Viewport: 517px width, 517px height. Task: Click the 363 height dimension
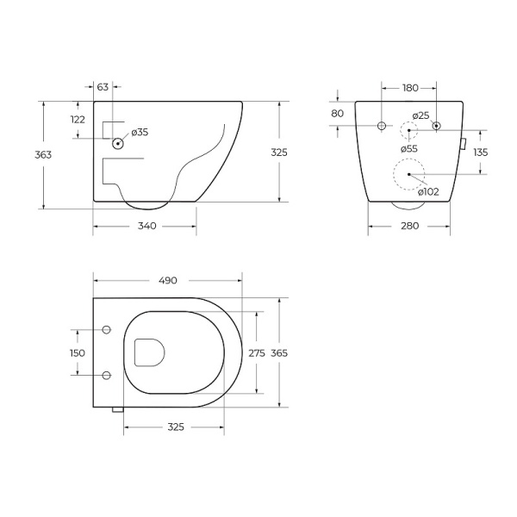click(44, 155)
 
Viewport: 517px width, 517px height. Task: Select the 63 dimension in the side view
click(103, 87)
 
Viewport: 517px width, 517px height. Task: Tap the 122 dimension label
click(78, 120)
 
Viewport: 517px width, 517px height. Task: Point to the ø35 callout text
click(140, 132)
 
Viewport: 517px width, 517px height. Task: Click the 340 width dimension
click(146, 226)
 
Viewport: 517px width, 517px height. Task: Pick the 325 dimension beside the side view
click(278, 152)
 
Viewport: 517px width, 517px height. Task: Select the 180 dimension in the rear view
click(409, 87)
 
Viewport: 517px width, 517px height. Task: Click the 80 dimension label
click(337, 114)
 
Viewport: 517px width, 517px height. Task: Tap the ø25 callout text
click(420, 115)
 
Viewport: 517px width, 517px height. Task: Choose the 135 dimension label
click(481, 153)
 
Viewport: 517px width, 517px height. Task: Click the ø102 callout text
click(428, 191)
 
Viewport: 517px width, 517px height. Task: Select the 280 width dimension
click(409, 226)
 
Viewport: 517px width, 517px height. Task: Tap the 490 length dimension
click(167, 280)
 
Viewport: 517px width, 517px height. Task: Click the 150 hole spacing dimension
click(78, 353)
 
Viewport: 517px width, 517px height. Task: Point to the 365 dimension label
click(279, 353)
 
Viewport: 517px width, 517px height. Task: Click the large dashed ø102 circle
click(409, 175)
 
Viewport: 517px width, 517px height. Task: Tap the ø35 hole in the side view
click(118, 144)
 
